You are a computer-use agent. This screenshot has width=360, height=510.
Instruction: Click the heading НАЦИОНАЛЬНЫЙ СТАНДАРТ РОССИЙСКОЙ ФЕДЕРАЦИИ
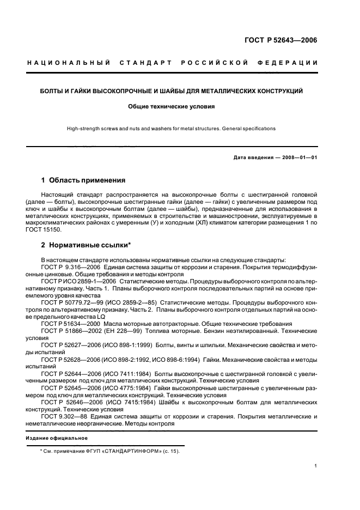173,63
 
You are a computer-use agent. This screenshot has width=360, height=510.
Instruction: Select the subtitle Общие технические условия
171,107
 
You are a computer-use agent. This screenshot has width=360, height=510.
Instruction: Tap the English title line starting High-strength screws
171,129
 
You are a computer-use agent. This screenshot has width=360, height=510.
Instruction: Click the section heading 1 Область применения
83,180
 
